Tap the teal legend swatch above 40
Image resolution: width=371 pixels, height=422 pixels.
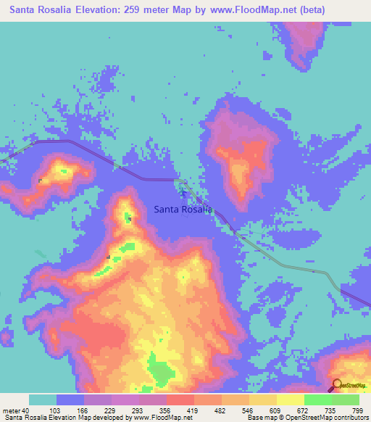point(43,400)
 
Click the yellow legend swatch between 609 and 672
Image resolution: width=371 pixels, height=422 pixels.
point(291,400)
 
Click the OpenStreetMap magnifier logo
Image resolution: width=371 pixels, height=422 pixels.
point(337,385)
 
